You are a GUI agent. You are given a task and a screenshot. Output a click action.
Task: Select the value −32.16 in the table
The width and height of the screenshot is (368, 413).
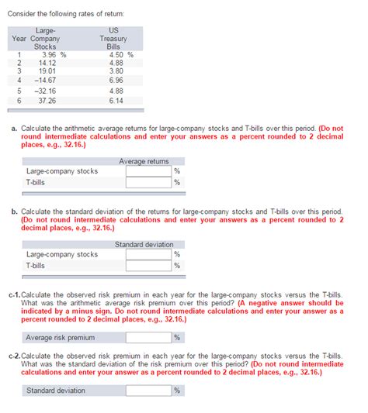coord(47,90)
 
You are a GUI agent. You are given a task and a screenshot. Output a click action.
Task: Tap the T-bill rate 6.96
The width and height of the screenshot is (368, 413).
coord(116,79)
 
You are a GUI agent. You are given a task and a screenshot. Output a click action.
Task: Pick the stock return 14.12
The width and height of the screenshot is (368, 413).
coord(48,63)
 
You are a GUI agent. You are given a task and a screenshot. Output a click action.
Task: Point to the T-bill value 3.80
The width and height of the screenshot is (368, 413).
coord(116,71)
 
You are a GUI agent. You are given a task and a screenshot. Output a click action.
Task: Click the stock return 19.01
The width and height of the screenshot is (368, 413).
coord(48,71)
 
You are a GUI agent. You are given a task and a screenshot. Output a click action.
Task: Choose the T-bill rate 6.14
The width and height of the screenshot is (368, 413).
coord(116,100)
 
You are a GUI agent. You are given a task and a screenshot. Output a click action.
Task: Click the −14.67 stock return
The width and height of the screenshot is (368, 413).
coord(47,79)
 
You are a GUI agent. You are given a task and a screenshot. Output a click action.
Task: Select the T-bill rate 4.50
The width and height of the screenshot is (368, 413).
coord(116,55)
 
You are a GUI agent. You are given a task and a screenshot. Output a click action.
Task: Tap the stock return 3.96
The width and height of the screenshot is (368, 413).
coord(49,55)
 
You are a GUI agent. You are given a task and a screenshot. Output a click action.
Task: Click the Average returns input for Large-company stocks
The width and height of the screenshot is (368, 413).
coord(149,171)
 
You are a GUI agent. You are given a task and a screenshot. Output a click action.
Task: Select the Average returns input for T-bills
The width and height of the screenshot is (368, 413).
coord(149,182)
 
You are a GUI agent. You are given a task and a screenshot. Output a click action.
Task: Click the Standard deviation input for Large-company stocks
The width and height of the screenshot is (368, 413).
coord(149,254)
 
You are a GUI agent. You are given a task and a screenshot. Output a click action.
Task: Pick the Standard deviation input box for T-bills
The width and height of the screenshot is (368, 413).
coord(149,265)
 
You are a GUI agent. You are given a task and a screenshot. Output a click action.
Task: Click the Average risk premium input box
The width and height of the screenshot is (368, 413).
coord(149,337)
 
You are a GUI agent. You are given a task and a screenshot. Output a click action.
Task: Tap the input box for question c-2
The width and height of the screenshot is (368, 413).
coord(149,390)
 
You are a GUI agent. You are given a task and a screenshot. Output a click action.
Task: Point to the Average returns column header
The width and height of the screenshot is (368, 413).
coord(144,161)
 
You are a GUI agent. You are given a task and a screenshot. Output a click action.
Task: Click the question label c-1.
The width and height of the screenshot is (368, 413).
coord(16,295)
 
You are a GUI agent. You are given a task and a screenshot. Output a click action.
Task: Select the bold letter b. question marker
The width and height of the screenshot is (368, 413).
coord(15,212)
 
